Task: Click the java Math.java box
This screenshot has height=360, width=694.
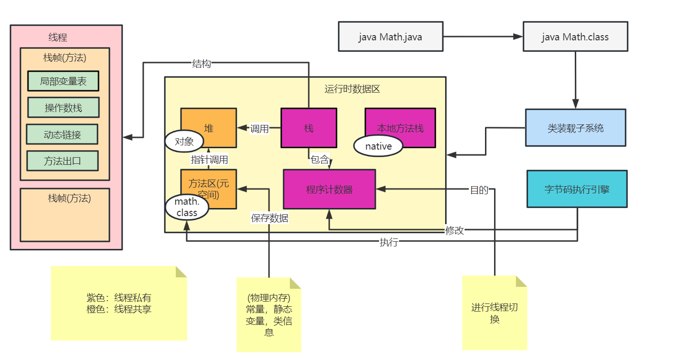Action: coord(390,37)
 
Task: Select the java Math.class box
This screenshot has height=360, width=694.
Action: coord(575,37)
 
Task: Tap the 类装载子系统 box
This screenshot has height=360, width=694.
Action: coord(575,128)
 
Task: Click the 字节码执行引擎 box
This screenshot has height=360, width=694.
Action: coord(577,189)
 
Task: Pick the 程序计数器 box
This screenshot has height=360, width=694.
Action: coord(329,189)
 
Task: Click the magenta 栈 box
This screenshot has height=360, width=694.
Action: coord(309,128)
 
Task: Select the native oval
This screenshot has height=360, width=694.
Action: coord(378,146)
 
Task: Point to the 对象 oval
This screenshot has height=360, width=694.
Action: coord(184,141)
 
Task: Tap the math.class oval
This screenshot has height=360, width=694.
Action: coord(187,208)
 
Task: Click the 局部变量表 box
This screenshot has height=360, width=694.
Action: coord(63,81)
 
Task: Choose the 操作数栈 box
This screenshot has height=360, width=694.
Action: coord(63,108)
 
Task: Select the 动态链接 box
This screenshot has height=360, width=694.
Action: coord(62,134)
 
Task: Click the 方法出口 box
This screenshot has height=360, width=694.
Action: coord(62,161)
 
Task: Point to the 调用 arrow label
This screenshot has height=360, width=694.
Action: coord(259,129)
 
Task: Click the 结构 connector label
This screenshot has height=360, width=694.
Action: coord(201,64)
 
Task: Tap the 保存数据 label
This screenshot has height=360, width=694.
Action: coord(269,218)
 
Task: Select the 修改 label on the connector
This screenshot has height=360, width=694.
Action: coord(454,230)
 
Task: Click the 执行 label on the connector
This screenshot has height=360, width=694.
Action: coord(389,242)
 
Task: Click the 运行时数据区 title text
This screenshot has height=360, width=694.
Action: coord(352,89)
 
